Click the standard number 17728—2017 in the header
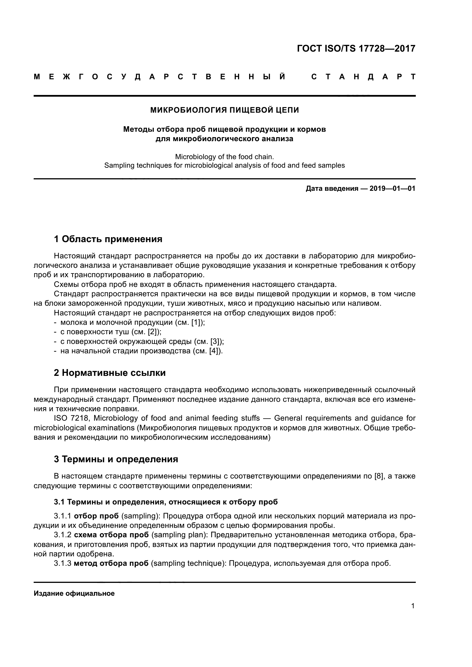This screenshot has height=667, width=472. (387, 48)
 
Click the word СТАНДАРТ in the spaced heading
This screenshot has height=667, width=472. (363, 77)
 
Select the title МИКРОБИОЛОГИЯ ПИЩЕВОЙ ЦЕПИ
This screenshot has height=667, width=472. (224, 110)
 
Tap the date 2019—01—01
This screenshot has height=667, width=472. (392, 189)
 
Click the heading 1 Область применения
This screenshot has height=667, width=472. (108, 239)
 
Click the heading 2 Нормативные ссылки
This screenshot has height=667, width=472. (110, 373)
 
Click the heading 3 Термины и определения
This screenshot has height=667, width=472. (116, 459)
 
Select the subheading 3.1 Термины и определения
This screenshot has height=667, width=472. (166, 502)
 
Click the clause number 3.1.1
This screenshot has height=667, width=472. (62, 516)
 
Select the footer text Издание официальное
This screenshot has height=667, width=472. (74, 593)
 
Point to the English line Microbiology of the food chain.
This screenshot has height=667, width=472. (224, 157)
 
